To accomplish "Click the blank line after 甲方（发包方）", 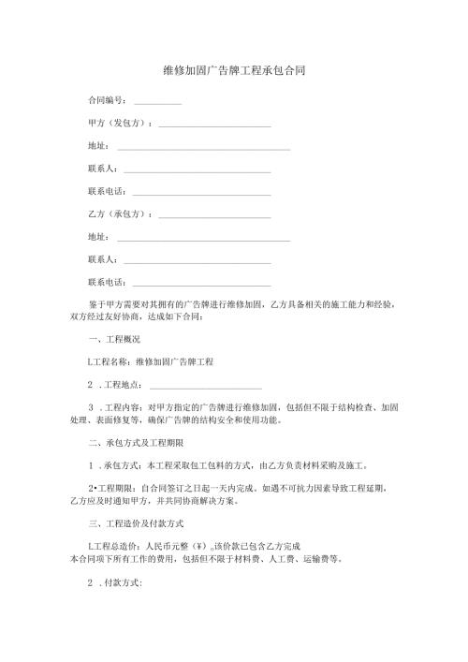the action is tap(214, 125).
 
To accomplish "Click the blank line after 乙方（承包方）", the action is tap(214, 215).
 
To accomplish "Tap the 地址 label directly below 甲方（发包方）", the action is tap(97, 145).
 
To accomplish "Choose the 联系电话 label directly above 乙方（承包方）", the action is tap(106, 191).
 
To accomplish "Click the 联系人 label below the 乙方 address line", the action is tap(101, 259).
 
